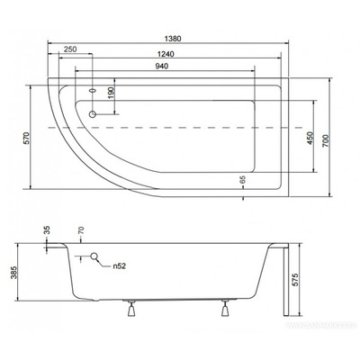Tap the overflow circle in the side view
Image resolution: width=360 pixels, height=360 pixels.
(94, 259)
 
